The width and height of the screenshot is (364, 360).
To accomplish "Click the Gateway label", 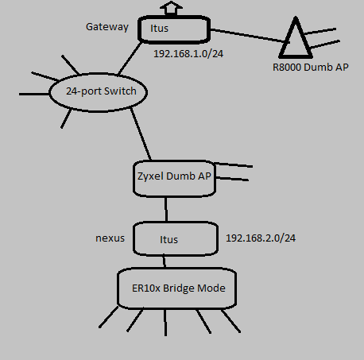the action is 107,27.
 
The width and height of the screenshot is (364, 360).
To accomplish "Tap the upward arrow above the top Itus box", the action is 171,8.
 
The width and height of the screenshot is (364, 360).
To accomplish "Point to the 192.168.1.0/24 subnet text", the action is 188,54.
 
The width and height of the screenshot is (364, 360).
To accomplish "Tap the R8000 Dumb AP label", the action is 311,67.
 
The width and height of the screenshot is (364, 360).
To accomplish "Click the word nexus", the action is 110,238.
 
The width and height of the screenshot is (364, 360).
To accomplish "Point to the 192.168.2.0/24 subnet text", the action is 261,238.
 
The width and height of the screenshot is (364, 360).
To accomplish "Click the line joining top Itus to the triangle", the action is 247,36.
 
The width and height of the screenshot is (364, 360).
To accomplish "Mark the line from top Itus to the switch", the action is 130,58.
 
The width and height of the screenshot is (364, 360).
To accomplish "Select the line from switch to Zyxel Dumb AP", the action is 141,134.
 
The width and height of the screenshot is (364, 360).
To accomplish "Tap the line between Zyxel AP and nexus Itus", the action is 166,209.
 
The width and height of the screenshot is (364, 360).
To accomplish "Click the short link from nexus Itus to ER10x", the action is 165,261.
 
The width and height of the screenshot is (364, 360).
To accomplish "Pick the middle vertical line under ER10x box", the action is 165,323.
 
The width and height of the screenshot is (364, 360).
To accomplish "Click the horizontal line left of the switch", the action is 34,94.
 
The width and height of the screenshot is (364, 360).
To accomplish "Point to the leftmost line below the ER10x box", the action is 108,317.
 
